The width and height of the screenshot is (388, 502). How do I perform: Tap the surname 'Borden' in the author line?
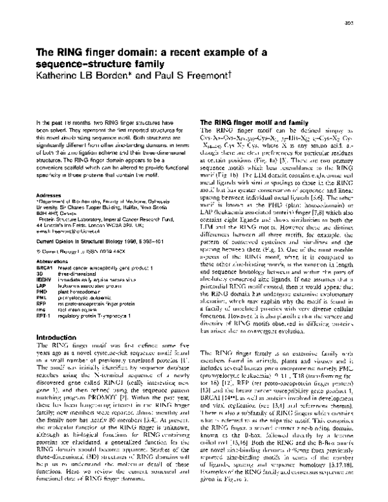click(x=100, y=76)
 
